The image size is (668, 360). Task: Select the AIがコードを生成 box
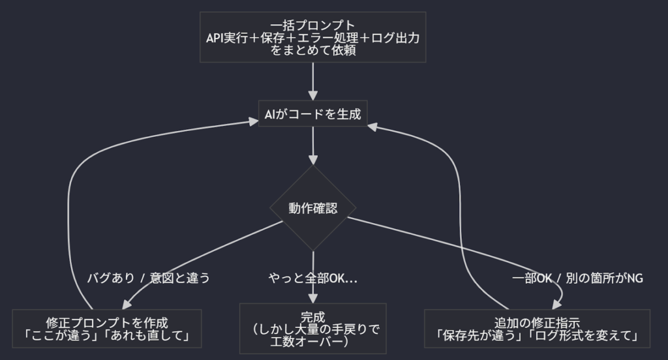point(313,115)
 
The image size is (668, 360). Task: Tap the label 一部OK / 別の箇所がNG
point(577,278)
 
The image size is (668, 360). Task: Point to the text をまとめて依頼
point(313,50)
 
